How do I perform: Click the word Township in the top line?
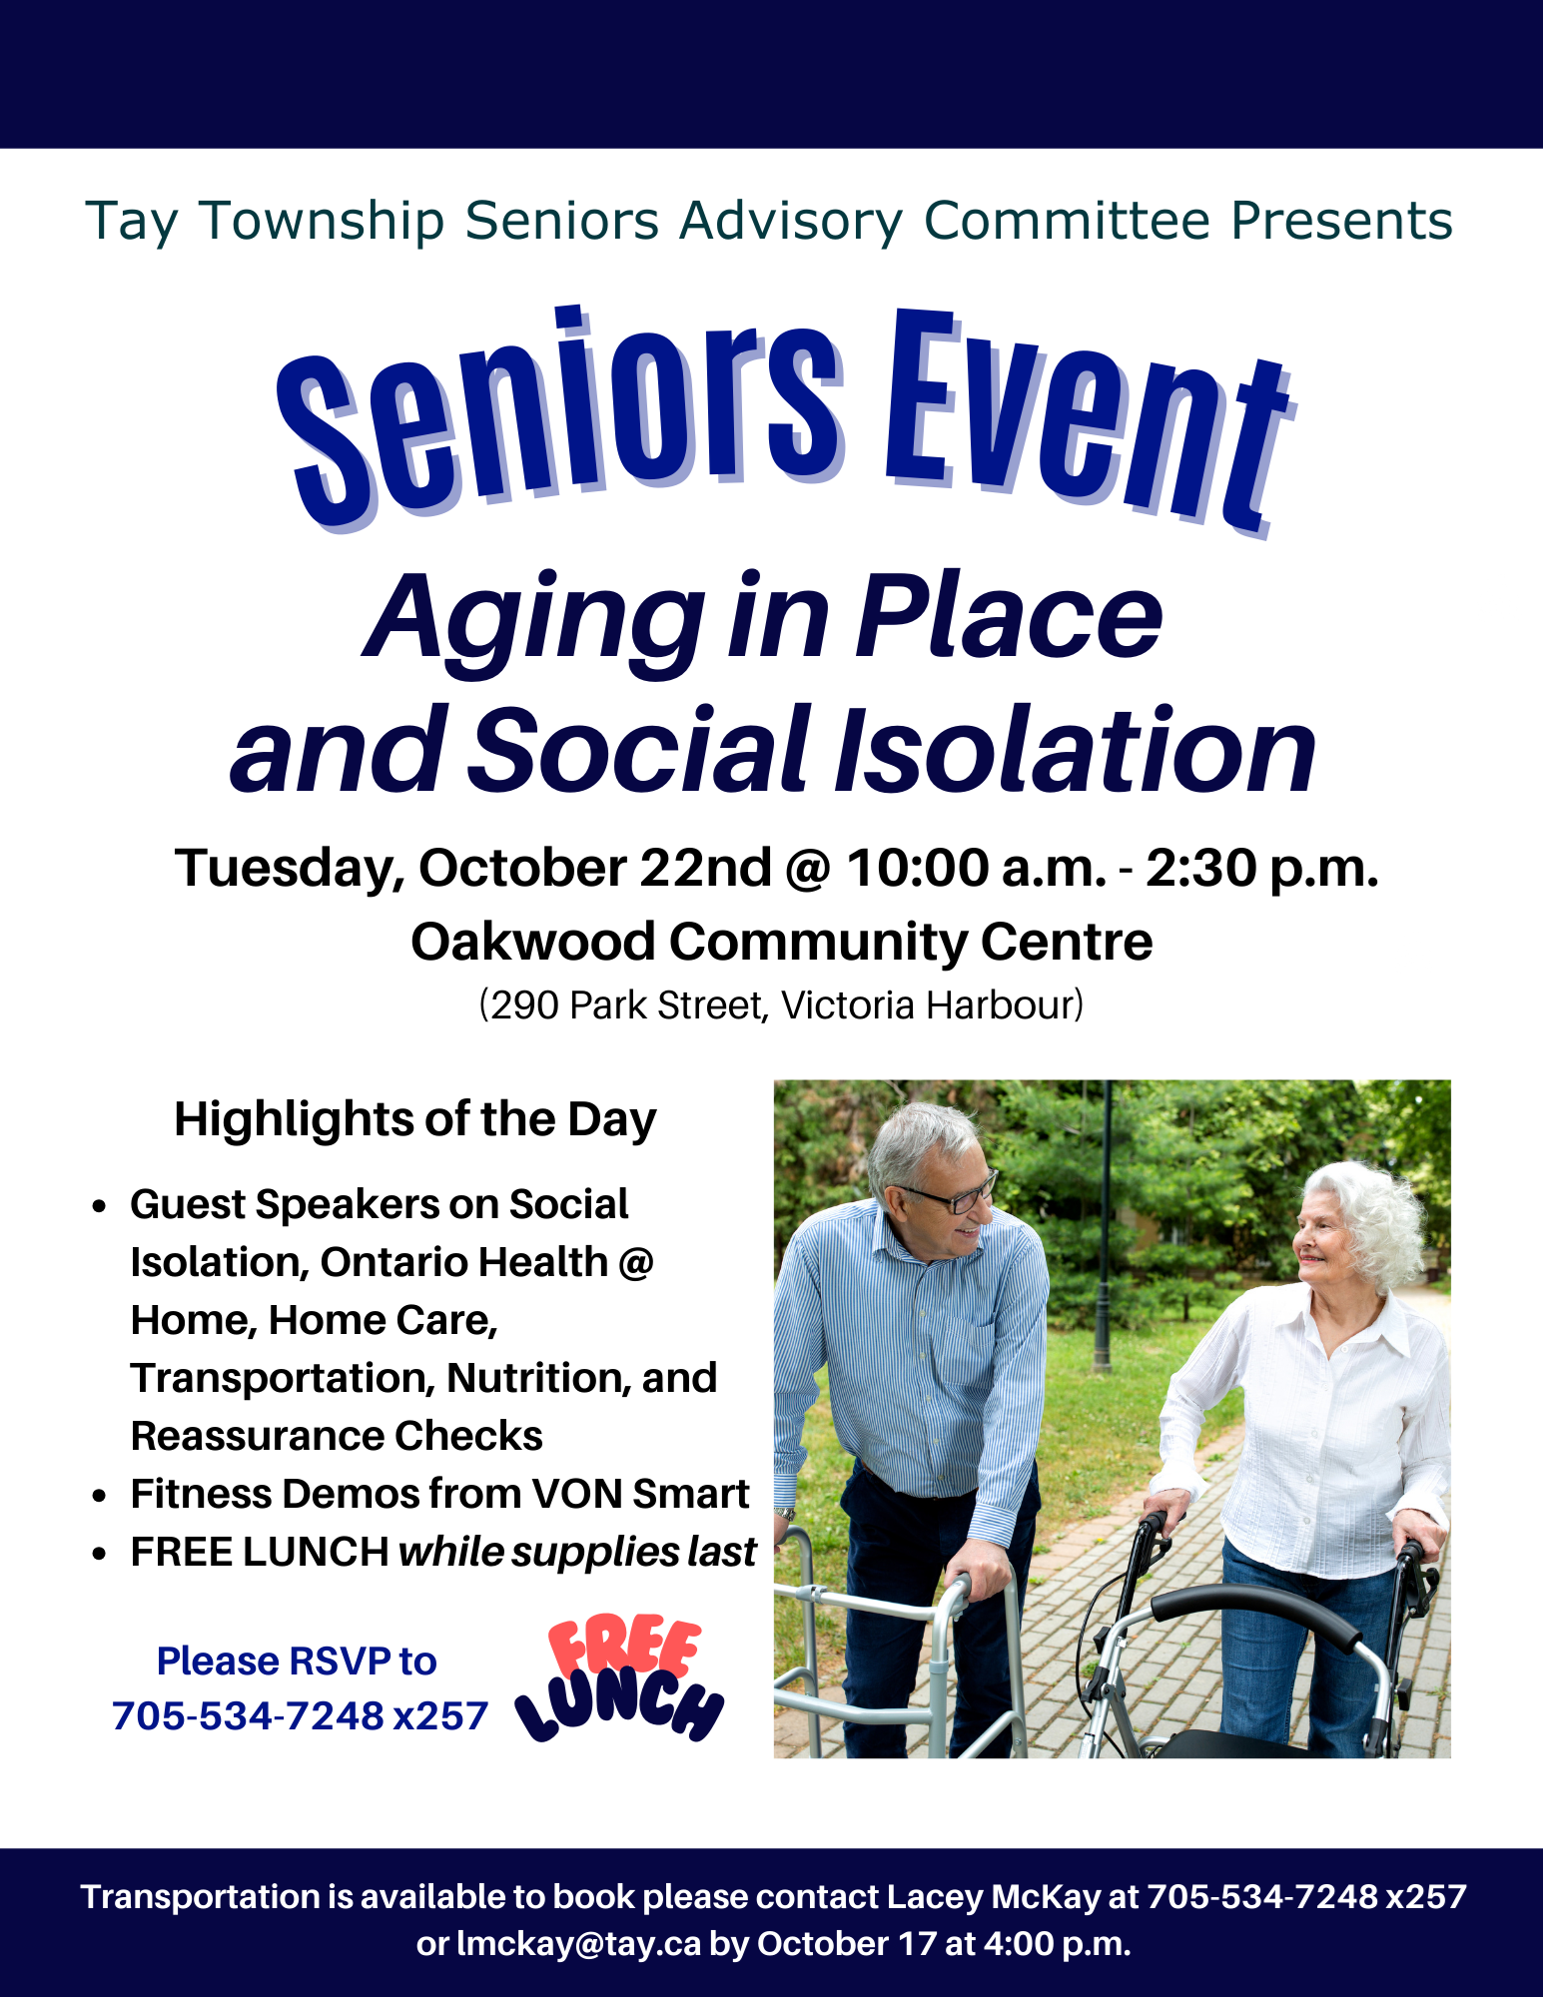[323, 221]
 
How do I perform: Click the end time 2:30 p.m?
[1261, 867]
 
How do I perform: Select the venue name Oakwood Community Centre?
[782, 942]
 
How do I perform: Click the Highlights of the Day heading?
[415, 1120]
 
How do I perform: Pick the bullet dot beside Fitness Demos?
[99, 1496]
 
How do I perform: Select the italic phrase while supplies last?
[577, 1553]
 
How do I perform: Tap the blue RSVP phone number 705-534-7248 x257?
[300, 1715]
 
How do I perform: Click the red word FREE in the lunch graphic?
[624, 1648]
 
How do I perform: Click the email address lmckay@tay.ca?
[578, 1944]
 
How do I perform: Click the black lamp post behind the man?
[1104, 1228]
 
